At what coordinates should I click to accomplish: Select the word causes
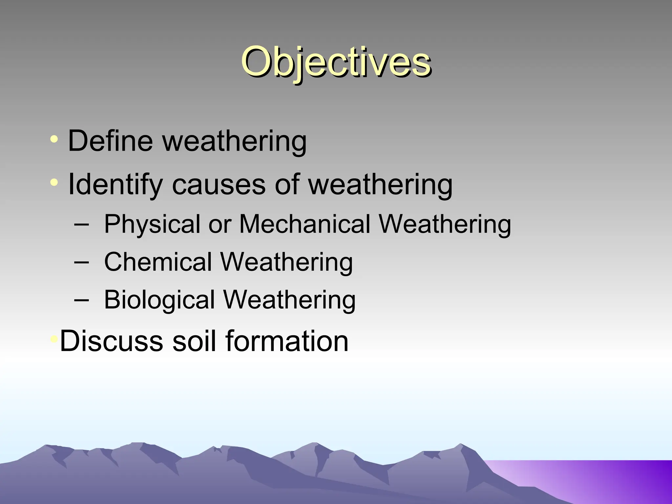tap(219, 184)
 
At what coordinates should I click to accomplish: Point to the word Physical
tap(152, 224)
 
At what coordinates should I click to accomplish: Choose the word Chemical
tap(158, 262)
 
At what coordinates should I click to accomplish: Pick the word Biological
tap(159, 300)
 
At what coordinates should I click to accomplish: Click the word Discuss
tap(111, 341)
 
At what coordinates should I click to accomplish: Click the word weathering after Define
tap(235, 141)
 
